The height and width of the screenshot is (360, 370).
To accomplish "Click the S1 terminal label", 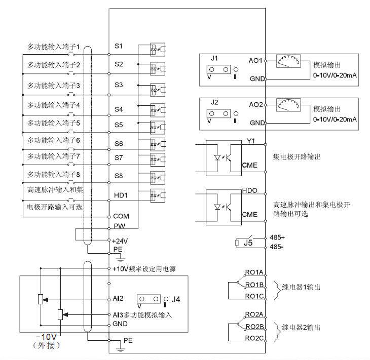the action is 119,46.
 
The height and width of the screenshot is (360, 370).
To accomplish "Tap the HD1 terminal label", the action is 121,195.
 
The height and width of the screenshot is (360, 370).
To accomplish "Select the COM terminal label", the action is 121,216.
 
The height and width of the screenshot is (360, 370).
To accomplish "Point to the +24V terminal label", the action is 120,241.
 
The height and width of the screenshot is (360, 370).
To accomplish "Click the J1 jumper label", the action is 214,58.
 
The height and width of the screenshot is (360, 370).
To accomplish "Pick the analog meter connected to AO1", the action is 288,61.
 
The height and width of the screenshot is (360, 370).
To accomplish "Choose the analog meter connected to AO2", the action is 288,105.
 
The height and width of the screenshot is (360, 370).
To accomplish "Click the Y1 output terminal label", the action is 251,141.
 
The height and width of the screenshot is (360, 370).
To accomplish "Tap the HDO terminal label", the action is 250,190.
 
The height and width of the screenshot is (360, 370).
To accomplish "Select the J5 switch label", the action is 248,243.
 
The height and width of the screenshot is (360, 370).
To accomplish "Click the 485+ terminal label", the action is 277,237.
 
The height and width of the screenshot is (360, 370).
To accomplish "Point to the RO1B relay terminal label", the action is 254,285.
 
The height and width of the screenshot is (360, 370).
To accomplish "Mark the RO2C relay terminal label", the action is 254,338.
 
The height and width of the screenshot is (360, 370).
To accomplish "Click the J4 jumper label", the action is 175,299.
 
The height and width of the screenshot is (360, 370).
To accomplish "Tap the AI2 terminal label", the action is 118,298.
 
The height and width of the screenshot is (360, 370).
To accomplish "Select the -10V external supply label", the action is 46,336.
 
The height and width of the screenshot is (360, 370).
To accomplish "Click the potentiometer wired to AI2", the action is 41,299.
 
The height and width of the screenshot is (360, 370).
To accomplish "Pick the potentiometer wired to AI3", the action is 60,314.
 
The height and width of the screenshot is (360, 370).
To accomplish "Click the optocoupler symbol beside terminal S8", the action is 158,178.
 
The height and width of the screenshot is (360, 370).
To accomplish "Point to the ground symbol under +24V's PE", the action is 121,259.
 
